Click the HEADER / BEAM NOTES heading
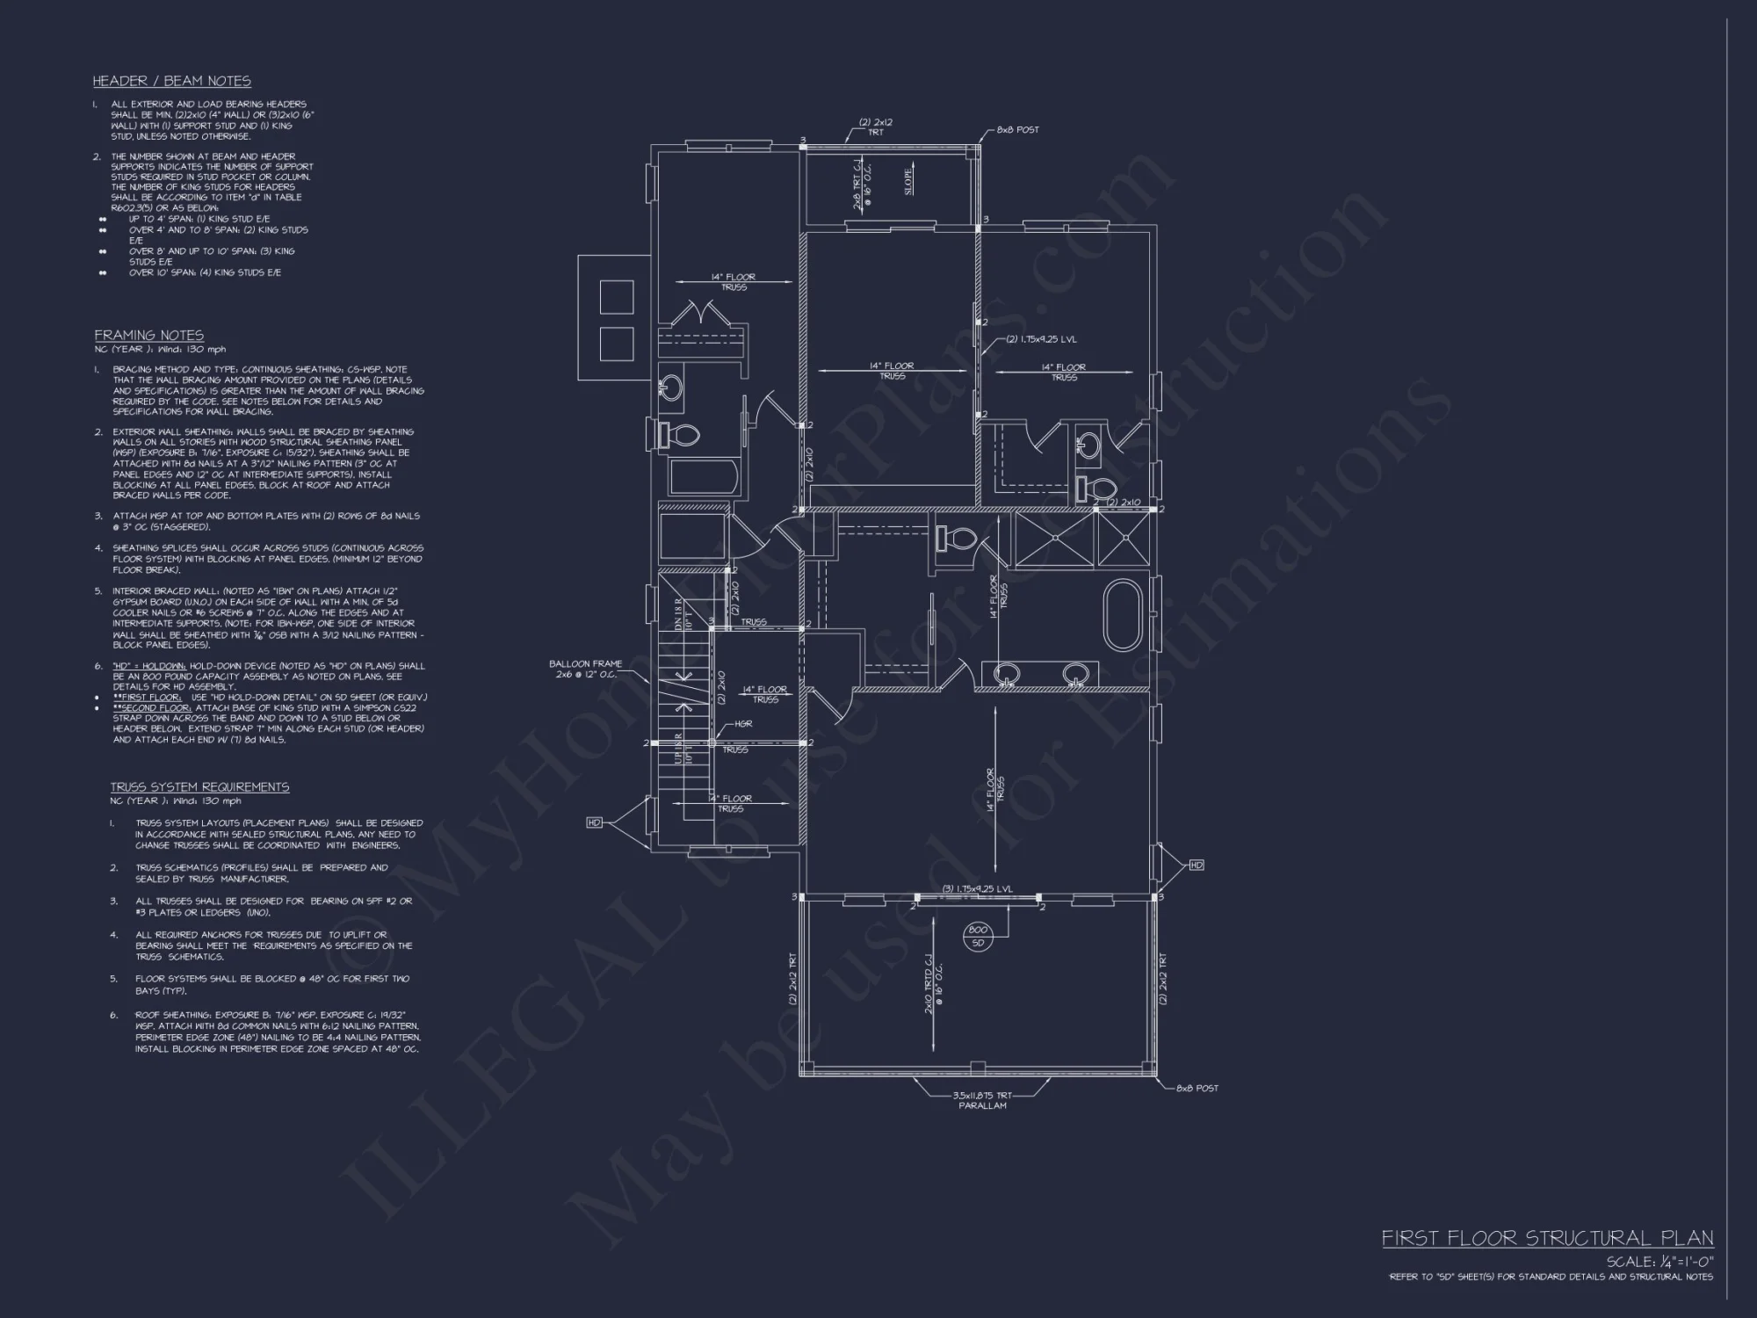(172, 81)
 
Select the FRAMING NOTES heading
(149, 335)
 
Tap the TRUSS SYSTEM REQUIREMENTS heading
(199, 787)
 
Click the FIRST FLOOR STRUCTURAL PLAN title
(1547, 1238)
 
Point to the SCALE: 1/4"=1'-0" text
(1659, 1262)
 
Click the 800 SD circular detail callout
(978, 937)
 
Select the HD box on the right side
(1196, 865)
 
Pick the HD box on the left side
(595, 822)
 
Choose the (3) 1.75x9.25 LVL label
(978, 888)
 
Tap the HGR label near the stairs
(743, 724)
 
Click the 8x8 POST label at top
(1017, 129)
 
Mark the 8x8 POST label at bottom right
(1197, 1088)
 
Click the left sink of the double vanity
(1007, 674)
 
